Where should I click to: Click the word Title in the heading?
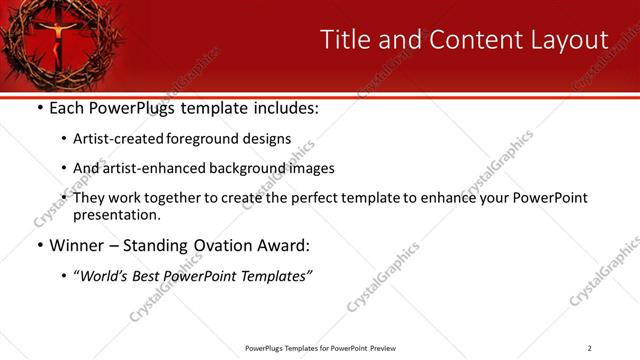coord(343,40)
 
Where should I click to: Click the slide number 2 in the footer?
coord(589,348)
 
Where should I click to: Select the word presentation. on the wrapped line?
coord(116,215)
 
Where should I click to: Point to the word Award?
coord(286,245)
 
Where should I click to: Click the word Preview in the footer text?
coord(383,348)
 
